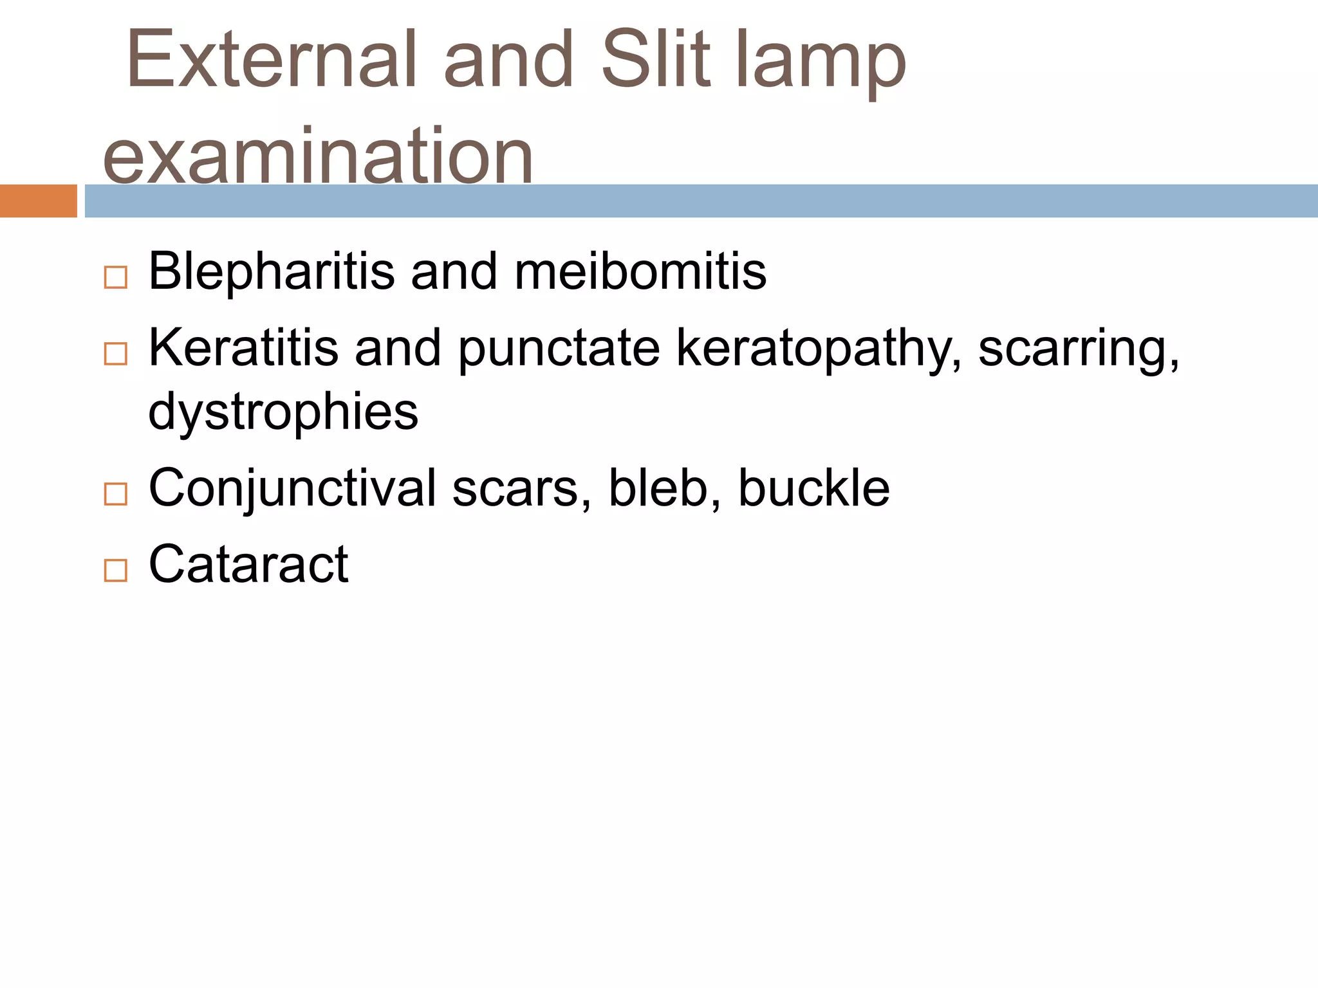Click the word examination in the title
tap(318, 156)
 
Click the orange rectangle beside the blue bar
tap(38, 201)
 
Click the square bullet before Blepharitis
tap(116, 278)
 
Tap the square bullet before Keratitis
tap(116, 354)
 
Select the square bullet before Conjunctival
tap(116, 494)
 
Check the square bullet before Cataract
tap(116, 571)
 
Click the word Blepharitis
tap(271, 271)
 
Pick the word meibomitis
tap(640, 271)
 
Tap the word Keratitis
tap(243, 348)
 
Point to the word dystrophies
tap(283, 412)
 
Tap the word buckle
tap(813, 488)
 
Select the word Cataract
tap(248, 564)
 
